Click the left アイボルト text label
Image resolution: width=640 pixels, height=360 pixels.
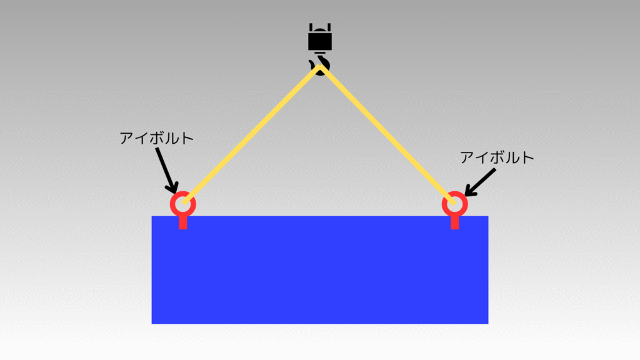point(156,138)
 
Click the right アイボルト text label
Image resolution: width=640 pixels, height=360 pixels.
point(497,157)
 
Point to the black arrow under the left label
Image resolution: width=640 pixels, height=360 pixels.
point(166,170)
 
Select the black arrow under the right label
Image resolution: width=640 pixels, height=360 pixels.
point(481,182)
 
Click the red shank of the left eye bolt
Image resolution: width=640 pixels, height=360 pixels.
point(183,223)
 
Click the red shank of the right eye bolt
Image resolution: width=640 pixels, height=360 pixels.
point(455,223)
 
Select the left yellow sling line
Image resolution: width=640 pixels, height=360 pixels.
point(251,134)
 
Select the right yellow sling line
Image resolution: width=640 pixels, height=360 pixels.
point(387,134)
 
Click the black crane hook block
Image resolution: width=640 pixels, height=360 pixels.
point(319,37)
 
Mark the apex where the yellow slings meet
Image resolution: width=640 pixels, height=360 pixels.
point(320,67)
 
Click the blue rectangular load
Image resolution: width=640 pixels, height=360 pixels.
point(320,270)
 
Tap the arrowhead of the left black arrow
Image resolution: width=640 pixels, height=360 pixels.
point(173,187)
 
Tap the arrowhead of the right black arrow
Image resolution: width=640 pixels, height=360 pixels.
point(470,191)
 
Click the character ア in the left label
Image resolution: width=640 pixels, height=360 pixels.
point(127,138)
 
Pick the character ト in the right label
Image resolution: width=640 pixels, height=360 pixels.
point(528,157)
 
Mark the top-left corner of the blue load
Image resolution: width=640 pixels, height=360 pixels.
point(152,216)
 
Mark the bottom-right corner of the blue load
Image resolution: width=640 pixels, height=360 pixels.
point(488,324)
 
